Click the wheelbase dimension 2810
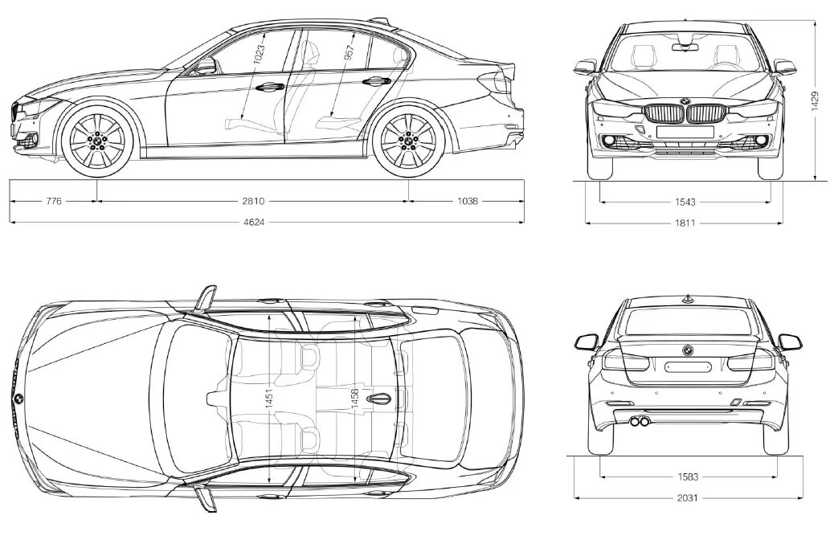click(x=252, y=202)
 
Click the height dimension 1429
click(x=815, y=100)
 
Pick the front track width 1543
click(x=685, y=202)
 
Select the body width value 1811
click(x=685, y=223)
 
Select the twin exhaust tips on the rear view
click(x=640, y=421)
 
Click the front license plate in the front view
click(x=685, y=130)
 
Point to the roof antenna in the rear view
click(x=687, y=299)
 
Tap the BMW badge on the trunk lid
click(x=687, y=350)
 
